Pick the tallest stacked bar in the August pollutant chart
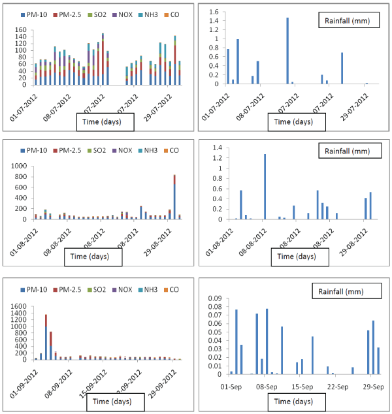pos(174,196)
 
